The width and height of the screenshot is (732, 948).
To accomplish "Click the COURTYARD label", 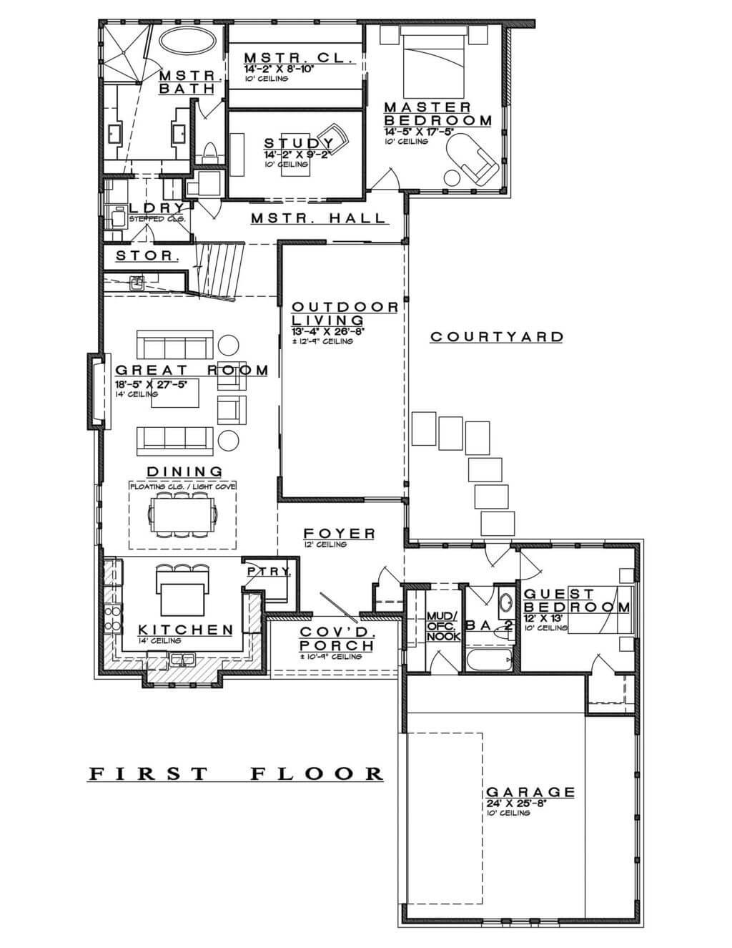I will (496, 337).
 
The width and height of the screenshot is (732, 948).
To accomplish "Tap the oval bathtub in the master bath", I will (184, 40).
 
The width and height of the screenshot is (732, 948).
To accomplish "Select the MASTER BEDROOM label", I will (437, 114).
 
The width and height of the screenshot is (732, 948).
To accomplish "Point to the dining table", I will (182, 514).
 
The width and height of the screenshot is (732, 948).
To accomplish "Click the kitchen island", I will (184, 600).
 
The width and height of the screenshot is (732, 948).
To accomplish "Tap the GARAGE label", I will (530, 792).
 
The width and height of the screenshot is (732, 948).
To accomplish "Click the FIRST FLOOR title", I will (236, 773).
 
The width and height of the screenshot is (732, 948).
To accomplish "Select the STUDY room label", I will (294, 144).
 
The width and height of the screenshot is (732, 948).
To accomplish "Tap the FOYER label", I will (339, 534).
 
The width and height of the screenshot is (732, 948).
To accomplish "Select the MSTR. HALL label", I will (318, 219).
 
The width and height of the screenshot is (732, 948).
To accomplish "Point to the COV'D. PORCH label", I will (336, 639).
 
